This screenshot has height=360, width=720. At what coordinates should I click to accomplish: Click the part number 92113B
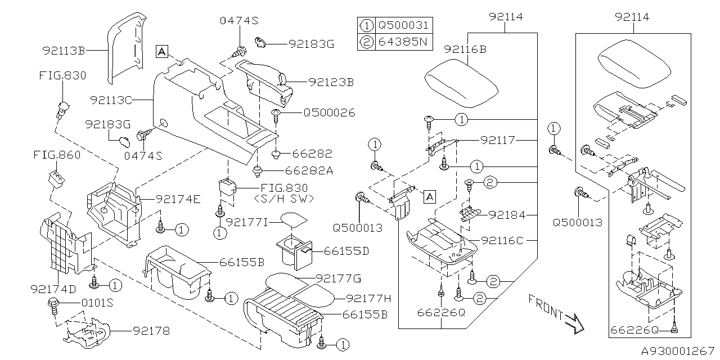[x=63, y=51]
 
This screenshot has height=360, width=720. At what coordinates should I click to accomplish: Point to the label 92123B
[x=331, y=82]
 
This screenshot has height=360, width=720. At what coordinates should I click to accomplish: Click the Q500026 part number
[x=329, y=112]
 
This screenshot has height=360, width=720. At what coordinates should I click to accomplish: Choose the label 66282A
[x=308, y=170]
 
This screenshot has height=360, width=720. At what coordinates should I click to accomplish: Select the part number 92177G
[x=338, y=278]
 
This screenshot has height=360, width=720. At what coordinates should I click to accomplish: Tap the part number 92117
[x=498, y=138]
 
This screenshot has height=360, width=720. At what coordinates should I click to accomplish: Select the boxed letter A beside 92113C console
[x=162, y=51]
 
